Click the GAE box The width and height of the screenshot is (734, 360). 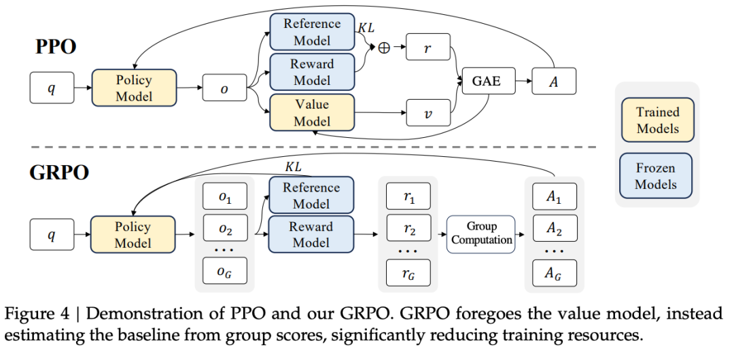click(489, 82)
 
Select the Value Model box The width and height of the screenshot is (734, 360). click(312, 113)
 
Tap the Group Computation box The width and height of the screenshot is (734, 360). click(480, 234)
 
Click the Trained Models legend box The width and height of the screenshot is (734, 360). click(657, 120)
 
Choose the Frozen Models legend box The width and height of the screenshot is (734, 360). click(656, 175)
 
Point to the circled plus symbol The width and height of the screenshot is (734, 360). click(384, 48)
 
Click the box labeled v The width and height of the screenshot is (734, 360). click(427, 112)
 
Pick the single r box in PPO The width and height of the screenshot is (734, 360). click(427, 47)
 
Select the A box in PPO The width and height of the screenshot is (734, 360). click(554, 82)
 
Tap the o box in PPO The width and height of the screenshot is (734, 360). click(224, 88)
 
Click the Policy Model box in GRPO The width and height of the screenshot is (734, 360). click(133, 234)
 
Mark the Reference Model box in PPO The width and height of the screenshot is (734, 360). click(312, 32)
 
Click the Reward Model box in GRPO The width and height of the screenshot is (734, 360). click(311, 234)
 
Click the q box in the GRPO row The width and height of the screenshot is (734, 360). click(52, 234)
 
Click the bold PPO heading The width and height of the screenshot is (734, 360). click(56, 48)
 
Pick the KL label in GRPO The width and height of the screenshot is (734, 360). click(293, 166)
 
